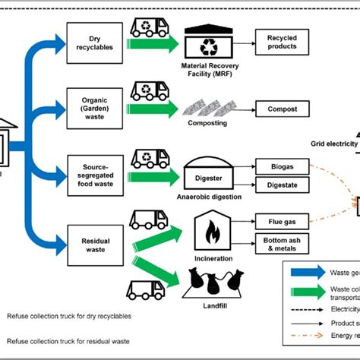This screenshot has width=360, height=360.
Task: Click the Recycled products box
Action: [283, 41]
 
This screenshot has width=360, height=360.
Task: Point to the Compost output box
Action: [283, 109]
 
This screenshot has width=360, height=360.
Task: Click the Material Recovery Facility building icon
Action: [207, 43]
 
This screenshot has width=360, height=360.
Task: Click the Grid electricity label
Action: [335, 144]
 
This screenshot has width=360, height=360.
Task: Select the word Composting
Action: [208, 122]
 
